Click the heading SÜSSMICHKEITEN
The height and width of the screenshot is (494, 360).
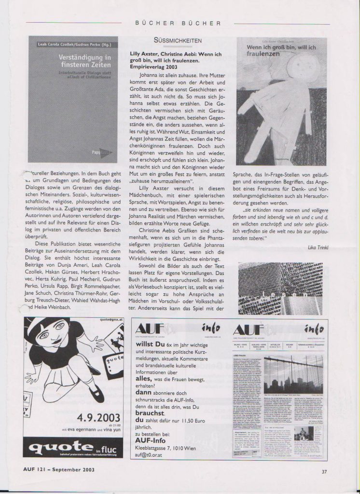(x=177, y=41)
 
